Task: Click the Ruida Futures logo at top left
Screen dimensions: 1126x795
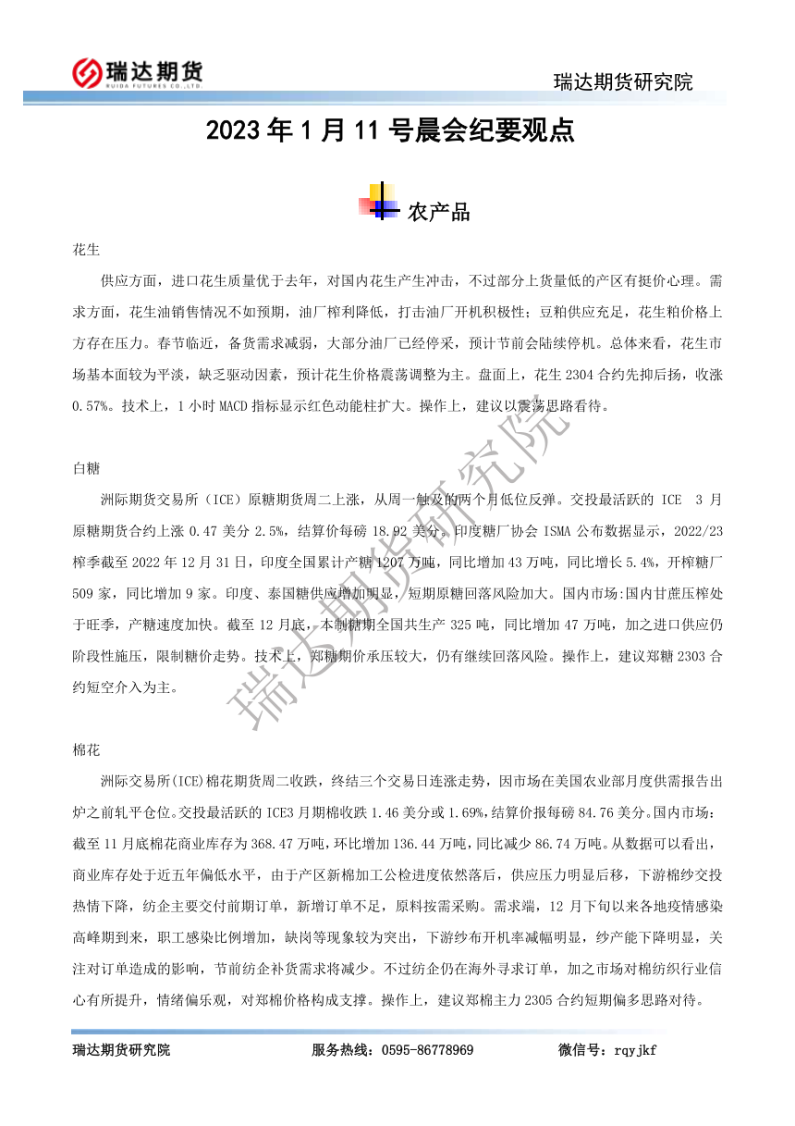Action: coord(138,71)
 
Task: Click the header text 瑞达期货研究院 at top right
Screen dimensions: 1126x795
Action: coord(623,81)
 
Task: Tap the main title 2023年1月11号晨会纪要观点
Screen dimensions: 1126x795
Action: coord(390,131)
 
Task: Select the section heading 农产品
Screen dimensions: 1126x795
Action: coord(438,212)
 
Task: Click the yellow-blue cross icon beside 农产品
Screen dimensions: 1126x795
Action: coord(381,203)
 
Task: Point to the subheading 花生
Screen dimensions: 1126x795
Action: coord(86,250)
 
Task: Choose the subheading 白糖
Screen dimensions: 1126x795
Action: coord(86,469)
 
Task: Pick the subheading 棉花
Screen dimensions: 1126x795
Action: coord(86,748)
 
